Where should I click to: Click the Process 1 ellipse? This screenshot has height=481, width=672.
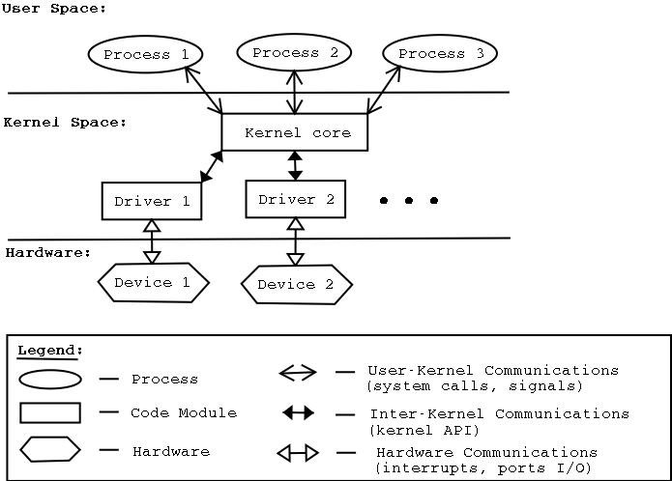[145, 54]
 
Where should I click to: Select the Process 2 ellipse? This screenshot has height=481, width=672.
[294, 52]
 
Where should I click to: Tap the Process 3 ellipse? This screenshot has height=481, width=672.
[440, 54]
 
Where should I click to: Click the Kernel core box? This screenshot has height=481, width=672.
[295, 132]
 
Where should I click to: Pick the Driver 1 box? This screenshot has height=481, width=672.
[152, 201]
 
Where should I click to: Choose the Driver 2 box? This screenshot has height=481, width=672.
[295, 199]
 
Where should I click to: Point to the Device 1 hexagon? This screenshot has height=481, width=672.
[154, 282]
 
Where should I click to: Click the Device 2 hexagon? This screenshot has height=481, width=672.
[296, 284]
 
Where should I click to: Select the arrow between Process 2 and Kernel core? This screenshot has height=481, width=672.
[295, 92]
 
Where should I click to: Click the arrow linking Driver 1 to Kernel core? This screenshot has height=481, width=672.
[211, 166]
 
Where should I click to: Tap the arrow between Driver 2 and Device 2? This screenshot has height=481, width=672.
[295, 241]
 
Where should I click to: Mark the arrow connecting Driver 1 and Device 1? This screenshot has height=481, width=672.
[151, 241]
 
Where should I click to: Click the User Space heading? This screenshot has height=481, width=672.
[54, 8]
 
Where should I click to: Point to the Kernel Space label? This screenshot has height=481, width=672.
[65, 123]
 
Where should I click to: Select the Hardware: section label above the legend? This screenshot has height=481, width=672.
[48, 253]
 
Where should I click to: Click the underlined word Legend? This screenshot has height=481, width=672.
[50, 350]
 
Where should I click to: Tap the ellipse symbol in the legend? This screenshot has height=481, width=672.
[50, 380]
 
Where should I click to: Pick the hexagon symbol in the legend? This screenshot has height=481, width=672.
[50, 449]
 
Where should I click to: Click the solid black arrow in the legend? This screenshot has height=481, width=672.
[298, 413]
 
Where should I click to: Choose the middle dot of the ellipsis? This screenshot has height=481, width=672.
[409, 201]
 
